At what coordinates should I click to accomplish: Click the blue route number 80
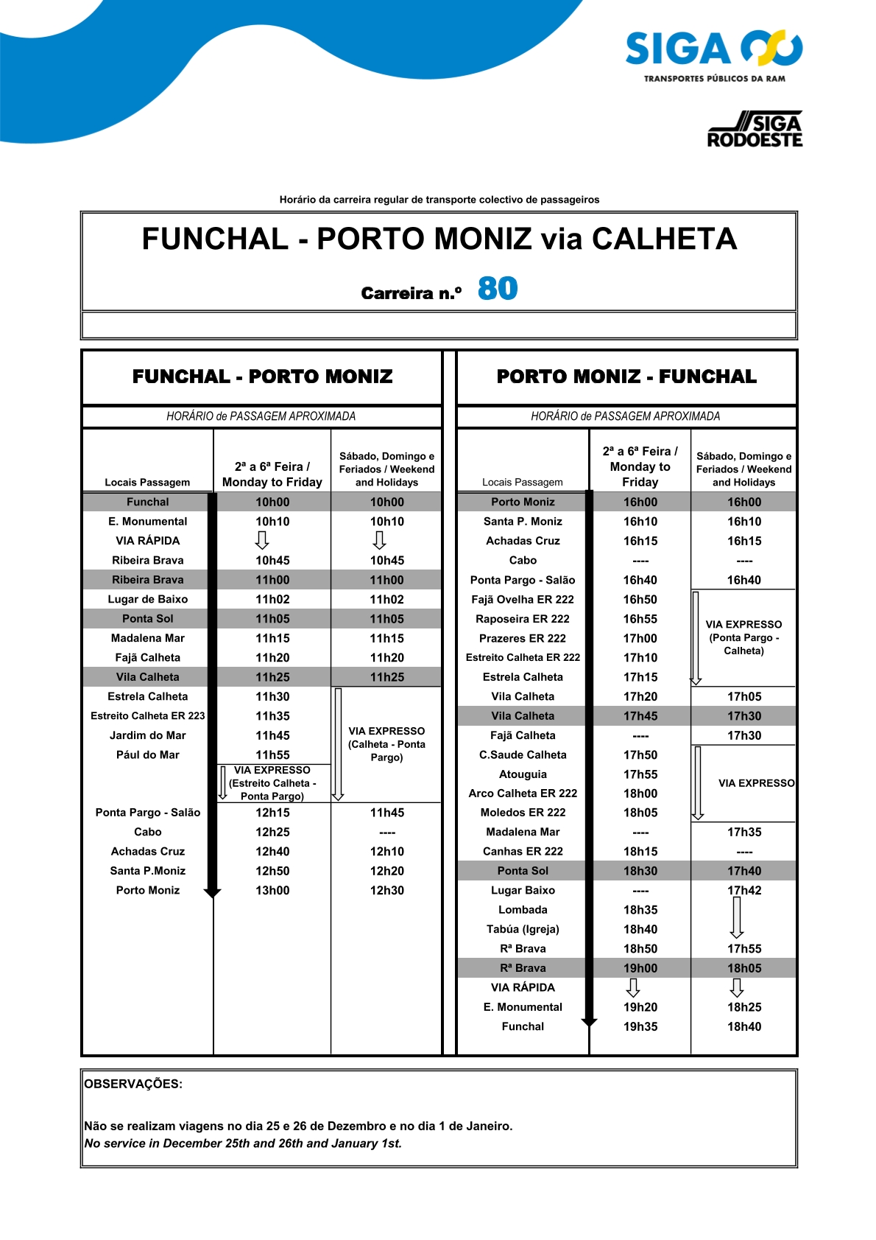pos(498,289)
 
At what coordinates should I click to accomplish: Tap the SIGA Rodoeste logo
pos(755,130)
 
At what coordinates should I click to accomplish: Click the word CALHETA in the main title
pos(664,239)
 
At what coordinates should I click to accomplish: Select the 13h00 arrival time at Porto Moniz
pos(272,890)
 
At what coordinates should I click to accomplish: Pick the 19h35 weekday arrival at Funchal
pos(640,1026)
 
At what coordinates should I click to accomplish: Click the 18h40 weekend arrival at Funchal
pos(744,1026)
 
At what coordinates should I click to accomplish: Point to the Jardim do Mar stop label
pos(147,735)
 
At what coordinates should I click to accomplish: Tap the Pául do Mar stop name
pos(147,754)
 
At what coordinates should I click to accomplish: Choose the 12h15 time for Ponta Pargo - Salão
pos(272,813)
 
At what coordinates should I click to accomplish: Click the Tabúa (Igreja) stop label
pos(523,929)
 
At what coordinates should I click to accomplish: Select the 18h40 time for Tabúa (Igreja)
pos(640,929)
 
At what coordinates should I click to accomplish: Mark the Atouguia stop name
pos(523,774)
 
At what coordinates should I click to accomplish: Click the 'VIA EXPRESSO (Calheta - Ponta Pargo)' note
pos(386,744)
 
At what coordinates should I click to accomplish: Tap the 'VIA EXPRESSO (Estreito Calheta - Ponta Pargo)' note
pos(272,783)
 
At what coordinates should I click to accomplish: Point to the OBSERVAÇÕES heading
pos(133,1084)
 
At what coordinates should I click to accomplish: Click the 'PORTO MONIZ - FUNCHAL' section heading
pos(626,376)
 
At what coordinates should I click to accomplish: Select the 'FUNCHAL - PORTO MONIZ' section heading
pos(262,376)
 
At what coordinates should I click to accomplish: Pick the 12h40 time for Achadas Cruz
pos(272,851)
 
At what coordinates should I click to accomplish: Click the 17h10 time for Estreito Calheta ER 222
pos(640,657)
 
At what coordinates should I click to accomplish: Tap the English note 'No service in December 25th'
pos(243,1143)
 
